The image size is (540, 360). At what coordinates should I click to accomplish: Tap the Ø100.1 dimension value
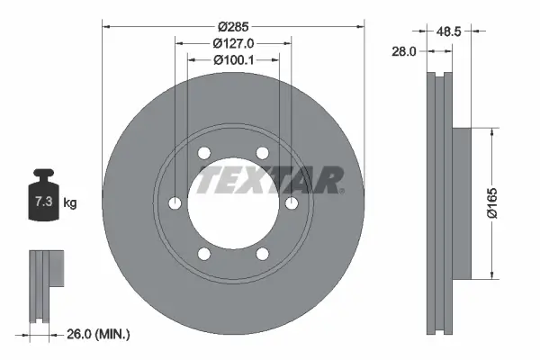[233, 59]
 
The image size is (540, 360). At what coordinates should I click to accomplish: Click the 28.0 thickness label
[401, 52]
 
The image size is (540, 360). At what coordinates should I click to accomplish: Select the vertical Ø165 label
[506, 202]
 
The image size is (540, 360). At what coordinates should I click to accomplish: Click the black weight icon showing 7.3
[42, 194]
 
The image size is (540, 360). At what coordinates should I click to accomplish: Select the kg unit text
[70, 203]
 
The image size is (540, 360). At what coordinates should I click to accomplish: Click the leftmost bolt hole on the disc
[175, 203]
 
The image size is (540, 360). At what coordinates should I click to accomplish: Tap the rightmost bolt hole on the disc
[292, 203]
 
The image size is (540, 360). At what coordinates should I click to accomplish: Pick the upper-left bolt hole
[204, 153]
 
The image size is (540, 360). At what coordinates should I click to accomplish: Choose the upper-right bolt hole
[262, 153]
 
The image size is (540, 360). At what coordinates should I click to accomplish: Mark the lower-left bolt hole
[204, 254]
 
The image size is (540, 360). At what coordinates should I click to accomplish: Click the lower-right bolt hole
[262, 254]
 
